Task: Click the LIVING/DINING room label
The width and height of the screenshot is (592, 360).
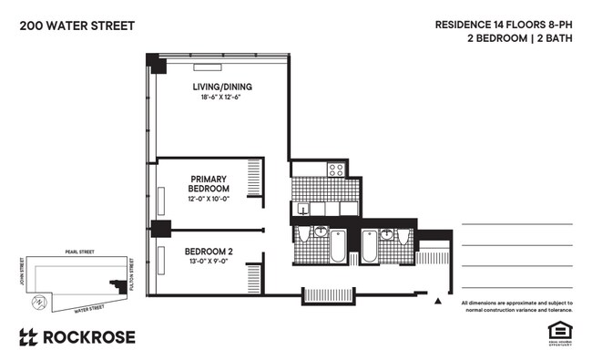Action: click(x=221, y=87)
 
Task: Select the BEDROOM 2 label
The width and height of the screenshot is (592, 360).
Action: click(x=209, y=252)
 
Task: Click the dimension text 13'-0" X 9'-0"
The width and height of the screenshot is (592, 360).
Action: click(x=209, y=262)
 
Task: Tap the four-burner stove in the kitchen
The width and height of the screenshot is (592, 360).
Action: click(x=335, y=169)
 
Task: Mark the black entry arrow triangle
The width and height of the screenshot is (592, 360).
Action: click(x=438, y=299)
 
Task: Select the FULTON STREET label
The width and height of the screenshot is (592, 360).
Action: click(x=133, y=273)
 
